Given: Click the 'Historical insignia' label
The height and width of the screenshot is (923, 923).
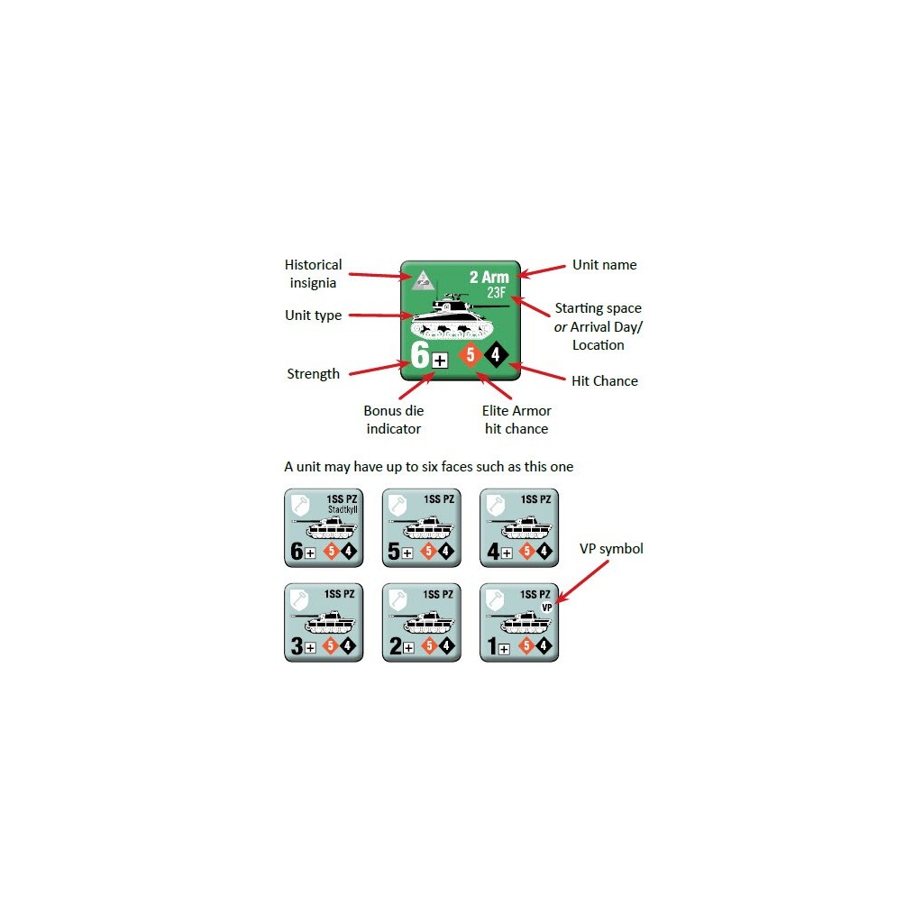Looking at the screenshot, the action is coord(313,274).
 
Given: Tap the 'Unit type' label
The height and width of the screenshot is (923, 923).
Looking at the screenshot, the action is coord(313,315).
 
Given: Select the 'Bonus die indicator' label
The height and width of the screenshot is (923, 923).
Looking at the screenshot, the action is coord(394,420).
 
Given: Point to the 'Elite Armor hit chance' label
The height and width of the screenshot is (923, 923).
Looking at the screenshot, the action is coord(516,420).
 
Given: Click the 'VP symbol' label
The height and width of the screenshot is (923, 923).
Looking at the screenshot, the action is coord(612,549).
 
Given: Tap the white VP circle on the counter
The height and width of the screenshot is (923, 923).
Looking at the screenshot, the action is coord(547,608).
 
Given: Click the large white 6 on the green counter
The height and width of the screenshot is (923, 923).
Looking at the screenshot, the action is coord(420,354).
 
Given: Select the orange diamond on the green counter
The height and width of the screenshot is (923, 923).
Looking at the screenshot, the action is coord(471,354).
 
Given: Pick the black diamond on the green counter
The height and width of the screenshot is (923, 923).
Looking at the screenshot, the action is coord(497,354).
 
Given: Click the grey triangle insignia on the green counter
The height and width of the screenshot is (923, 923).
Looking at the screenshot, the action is coord(423,280).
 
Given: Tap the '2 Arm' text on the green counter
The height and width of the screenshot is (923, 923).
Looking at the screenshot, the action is coord(489,278).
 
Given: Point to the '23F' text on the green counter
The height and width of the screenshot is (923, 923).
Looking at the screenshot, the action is coord(497,293).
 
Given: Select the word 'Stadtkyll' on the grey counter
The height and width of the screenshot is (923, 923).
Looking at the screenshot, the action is coord(343,510).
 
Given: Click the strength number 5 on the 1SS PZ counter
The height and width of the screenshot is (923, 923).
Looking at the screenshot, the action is coord(394,551).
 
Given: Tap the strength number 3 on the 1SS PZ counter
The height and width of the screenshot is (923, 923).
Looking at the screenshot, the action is coord(297,645).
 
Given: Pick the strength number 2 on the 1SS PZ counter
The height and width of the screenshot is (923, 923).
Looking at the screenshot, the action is coord(396,645).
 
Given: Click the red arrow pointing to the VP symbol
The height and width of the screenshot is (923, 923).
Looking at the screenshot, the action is coord(582,582).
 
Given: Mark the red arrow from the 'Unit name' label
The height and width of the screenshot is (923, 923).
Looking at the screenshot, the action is coord(542,270).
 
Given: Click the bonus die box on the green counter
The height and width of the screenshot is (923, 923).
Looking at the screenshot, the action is coord(440,361).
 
